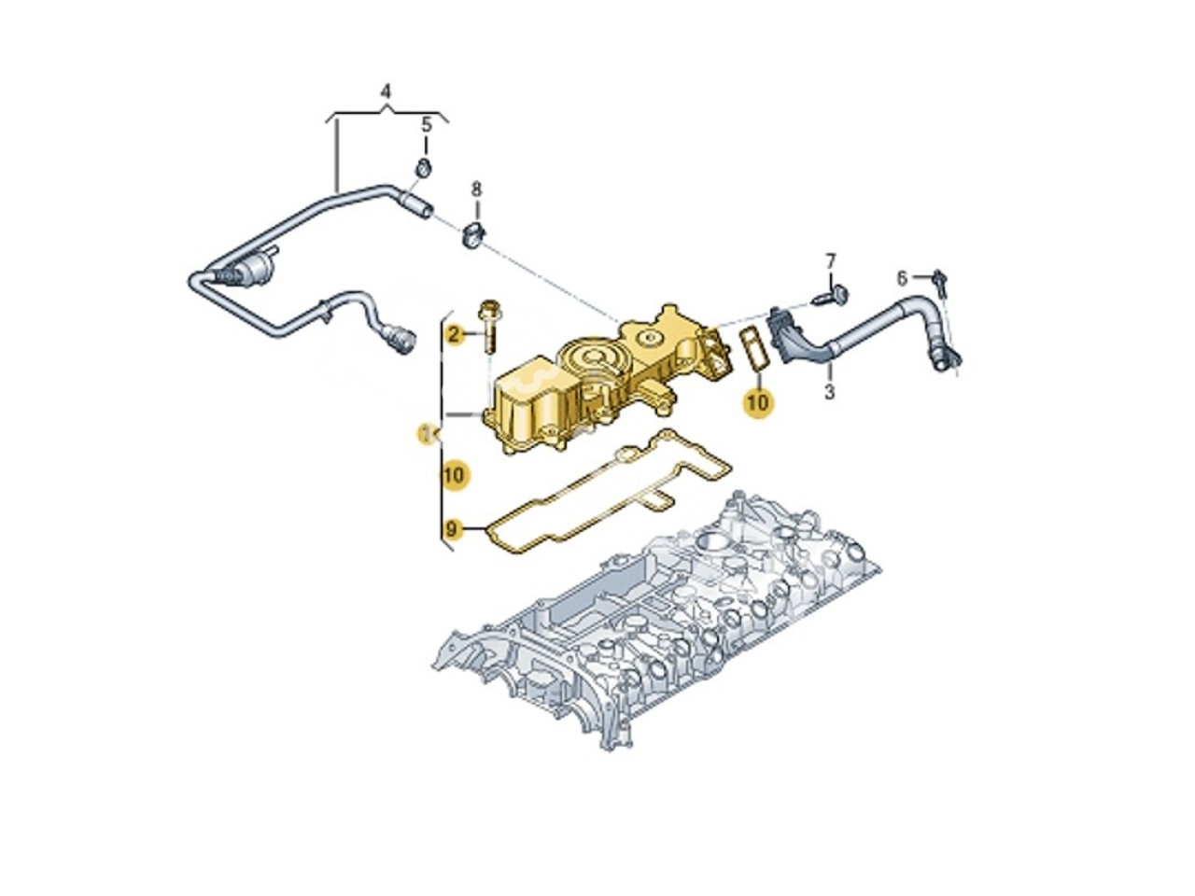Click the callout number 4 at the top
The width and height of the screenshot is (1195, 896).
tap(387, 91)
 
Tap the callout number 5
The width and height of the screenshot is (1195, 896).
tap(426, 124)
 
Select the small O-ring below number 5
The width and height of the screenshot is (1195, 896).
tap(423, 169)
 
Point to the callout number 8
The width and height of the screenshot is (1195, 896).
tap(476, 189)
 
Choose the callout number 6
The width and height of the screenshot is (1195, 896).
tap(902, 277)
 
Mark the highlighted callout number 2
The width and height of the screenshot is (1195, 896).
tap(455, 334)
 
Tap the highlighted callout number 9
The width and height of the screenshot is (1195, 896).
tap(453, 530)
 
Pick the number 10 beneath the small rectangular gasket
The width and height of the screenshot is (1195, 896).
tap(758, 401)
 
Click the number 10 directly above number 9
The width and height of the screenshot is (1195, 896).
tap(453, 475)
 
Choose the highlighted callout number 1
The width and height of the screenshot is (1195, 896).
tap(428, 432)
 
